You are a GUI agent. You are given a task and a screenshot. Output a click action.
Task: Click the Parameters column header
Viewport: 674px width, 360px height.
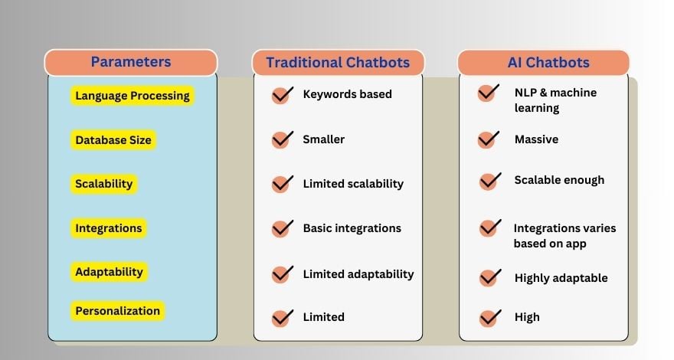coord(131,62)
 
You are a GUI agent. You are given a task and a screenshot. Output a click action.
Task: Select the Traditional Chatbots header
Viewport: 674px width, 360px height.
coord(338,63)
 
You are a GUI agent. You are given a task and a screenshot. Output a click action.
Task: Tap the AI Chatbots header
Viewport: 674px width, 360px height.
coord(543,63)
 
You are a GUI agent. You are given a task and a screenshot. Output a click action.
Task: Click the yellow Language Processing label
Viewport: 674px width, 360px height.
coord(132,96)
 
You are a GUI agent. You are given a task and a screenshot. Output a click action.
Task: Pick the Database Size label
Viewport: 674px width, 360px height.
coord(113,140)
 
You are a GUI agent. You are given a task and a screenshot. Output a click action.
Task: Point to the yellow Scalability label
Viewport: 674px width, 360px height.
coord(104,184)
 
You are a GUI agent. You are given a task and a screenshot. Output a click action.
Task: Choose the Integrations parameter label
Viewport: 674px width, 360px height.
coord(108,228)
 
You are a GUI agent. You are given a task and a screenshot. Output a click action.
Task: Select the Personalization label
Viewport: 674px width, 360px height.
coord(117,311)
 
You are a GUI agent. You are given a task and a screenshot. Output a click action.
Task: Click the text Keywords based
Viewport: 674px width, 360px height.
coord(347,94)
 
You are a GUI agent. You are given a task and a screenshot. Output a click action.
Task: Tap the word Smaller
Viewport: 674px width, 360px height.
coord(323,139)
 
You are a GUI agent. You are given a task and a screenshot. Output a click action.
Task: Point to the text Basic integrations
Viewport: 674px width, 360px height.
coord(352,228)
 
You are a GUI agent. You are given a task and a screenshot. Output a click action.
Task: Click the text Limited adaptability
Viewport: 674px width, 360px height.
coord(358,273)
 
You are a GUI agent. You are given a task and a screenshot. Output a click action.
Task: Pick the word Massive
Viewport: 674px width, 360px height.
coord(536,139)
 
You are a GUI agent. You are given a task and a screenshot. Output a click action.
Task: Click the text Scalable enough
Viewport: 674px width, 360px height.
coord(559,180)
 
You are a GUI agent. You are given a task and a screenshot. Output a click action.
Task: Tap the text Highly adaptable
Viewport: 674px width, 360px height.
coord(561,278)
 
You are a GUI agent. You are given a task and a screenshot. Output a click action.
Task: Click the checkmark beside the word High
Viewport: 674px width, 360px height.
coord(489,316)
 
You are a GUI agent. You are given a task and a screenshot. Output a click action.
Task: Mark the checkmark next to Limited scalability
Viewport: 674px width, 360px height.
coord(283,184)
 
